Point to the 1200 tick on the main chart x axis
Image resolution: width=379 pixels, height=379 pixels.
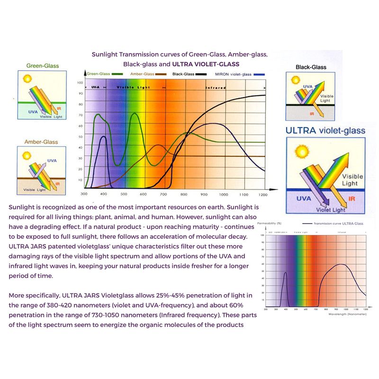(x=263, y=194)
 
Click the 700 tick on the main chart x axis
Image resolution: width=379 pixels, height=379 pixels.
(x=163, y=194)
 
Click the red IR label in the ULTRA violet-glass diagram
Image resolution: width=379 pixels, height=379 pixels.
(x=352, y=199)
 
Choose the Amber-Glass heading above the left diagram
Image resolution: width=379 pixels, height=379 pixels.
(x=42, y=142)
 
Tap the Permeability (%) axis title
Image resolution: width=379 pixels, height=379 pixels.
(x=269, y=223)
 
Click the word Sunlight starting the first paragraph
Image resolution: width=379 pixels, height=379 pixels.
(x=24, y=208)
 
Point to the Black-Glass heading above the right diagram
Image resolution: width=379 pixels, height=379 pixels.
(x=311, y=67)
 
